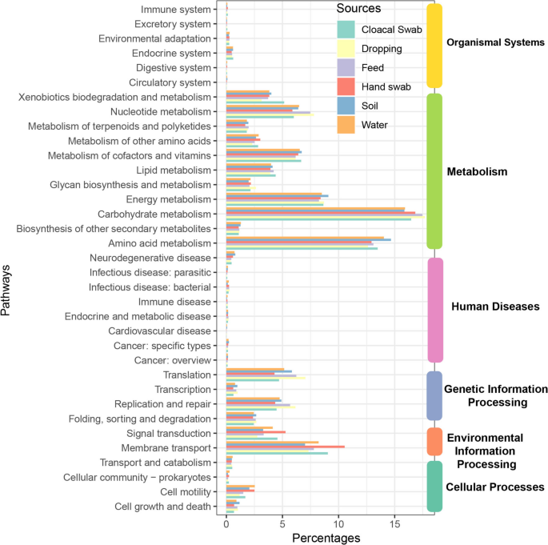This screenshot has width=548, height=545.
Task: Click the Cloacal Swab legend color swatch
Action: point(346,30)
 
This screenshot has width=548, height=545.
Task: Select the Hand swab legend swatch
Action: point(346,86)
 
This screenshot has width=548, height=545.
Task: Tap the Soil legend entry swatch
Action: point(346,106)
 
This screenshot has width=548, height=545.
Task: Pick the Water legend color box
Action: point(346,124)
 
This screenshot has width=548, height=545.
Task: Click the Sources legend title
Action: point(358,9)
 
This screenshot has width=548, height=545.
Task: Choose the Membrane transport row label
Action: point(166,447)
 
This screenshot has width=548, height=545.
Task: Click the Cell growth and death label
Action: point(162,506)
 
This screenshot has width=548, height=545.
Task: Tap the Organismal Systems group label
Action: point(495,42)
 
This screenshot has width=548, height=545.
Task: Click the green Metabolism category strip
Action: point(434,171)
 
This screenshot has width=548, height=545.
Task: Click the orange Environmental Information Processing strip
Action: point(434,441)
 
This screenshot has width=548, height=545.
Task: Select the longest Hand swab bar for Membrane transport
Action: point(285,447)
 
